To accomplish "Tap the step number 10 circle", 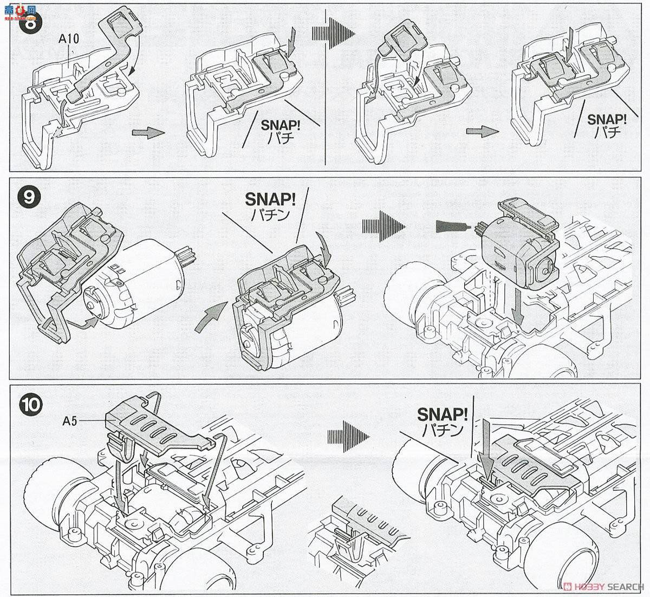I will coord(29,404).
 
